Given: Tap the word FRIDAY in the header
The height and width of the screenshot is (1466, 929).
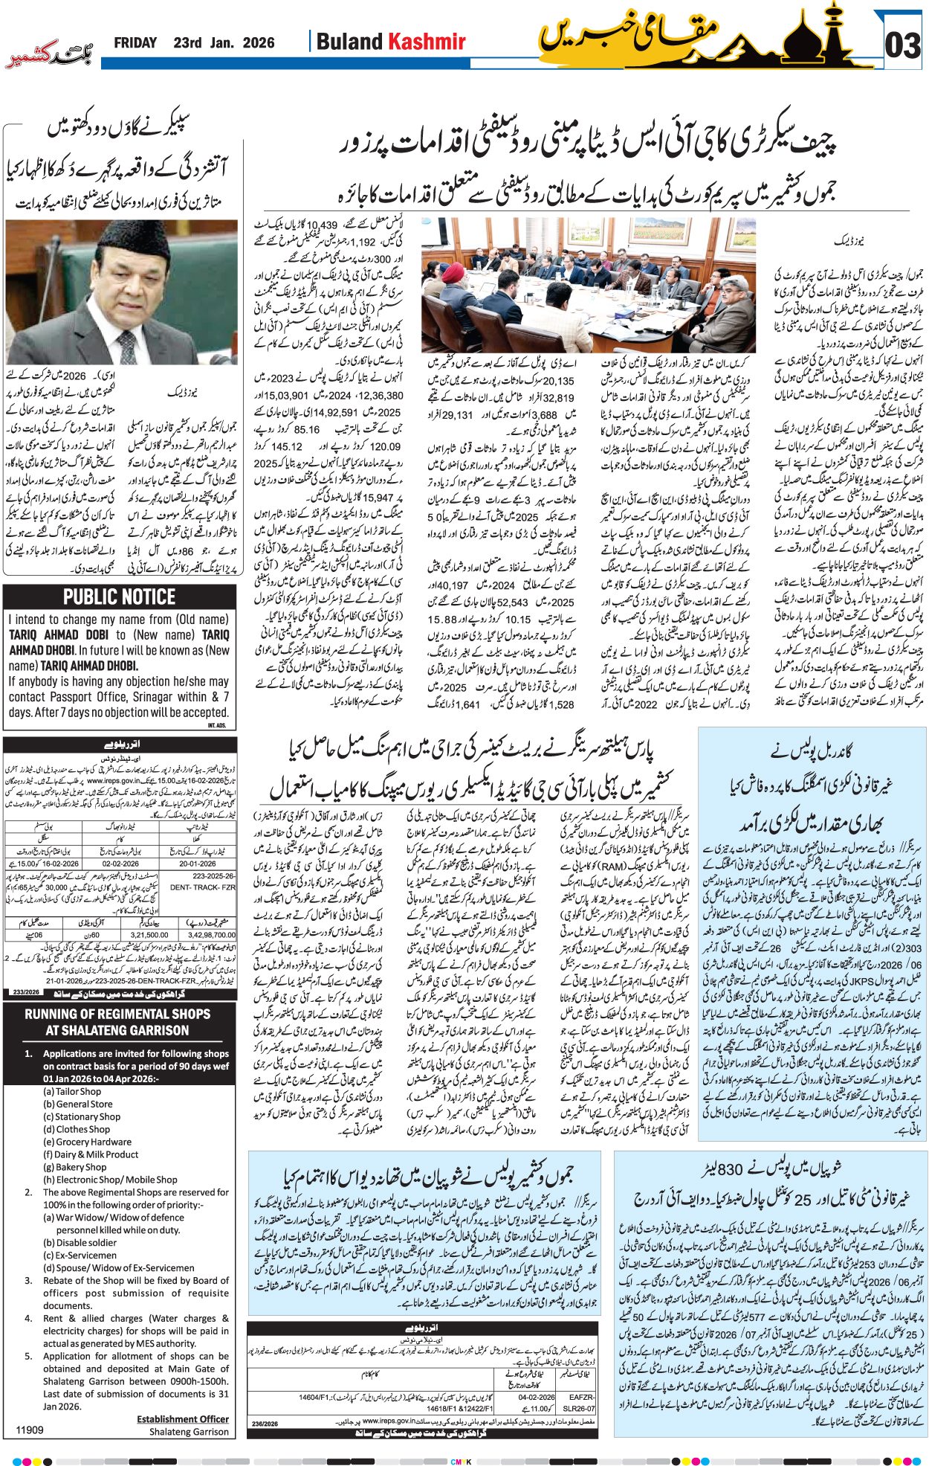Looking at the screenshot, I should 135,43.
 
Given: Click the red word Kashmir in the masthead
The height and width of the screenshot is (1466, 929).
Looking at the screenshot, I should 428,42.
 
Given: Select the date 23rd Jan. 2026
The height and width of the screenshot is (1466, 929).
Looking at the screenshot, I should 224,43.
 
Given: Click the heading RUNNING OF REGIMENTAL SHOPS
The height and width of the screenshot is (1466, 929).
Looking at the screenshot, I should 117,1014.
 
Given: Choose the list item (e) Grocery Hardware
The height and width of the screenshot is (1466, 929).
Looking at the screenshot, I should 87,1142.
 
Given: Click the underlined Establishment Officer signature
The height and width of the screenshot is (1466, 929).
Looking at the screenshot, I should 183,1419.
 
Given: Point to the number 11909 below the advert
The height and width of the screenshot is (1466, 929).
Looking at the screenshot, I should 30,1430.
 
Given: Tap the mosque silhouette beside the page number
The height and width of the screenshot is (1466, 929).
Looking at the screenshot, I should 825,39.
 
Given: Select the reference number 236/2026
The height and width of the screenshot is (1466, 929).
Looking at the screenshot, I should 265,1424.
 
